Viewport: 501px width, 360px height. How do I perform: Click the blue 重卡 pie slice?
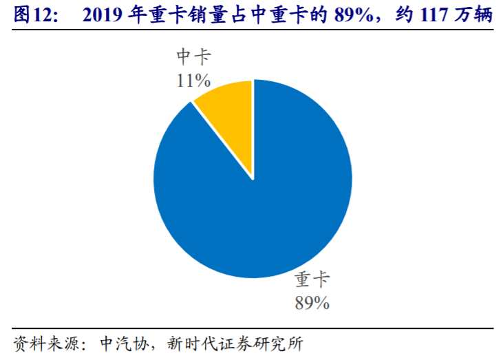262,213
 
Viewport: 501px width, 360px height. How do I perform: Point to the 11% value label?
193,81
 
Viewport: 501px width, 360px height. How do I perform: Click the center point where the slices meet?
253,179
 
